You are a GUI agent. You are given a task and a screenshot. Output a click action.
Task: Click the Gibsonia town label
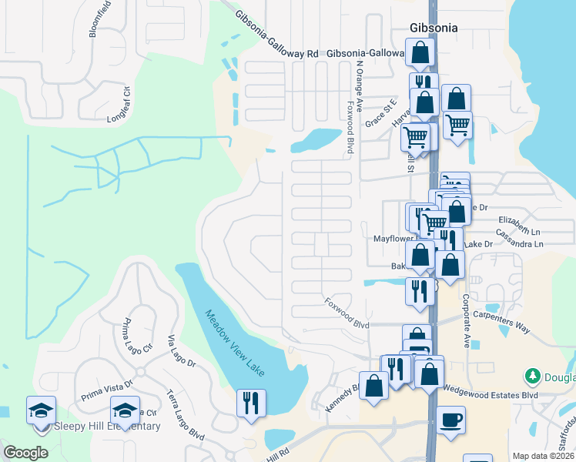433,28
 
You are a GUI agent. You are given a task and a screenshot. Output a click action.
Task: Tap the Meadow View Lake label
235,343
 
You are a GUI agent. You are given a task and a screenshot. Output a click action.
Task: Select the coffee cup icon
450,421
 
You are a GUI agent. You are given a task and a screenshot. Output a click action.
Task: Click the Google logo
25,453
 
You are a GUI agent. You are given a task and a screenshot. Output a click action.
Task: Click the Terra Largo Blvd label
185,415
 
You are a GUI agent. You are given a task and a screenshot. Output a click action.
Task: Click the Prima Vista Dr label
108,392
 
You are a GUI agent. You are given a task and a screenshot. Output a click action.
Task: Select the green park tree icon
531,377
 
